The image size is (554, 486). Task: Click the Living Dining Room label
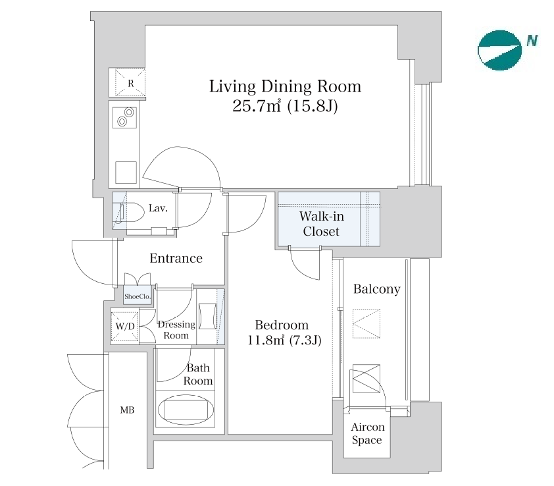[x=285, y=87]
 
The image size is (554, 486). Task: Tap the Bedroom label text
[x=282, y=325]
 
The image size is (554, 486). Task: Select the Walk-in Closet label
[x=321, y=223]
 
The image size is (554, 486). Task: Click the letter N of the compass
[x=532, y=40]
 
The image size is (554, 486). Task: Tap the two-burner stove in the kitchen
[x=125, y=117]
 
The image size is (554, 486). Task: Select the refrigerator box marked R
[x=130, y=83]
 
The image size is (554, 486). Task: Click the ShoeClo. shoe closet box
[x=138, y=296]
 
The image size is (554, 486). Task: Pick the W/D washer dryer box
[x=125, y=326]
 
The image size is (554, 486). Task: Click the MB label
[x=127, y=410]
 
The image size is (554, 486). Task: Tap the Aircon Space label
[x=367, y=433]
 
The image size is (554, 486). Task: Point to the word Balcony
[x=376, y=289]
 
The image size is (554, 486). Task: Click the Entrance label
[x=176, y=258]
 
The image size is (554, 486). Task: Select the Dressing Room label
[x=176, y=330]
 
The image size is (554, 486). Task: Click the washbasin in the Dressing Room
[x=207, y=316]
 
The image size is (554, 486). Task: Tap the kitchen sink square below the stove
[x=126, y=173]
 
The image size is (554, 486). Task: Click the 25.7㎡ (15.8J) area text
[x=285, y=106]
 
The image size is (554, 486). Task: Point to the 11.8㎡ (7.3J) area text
[x=284, y=340]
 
